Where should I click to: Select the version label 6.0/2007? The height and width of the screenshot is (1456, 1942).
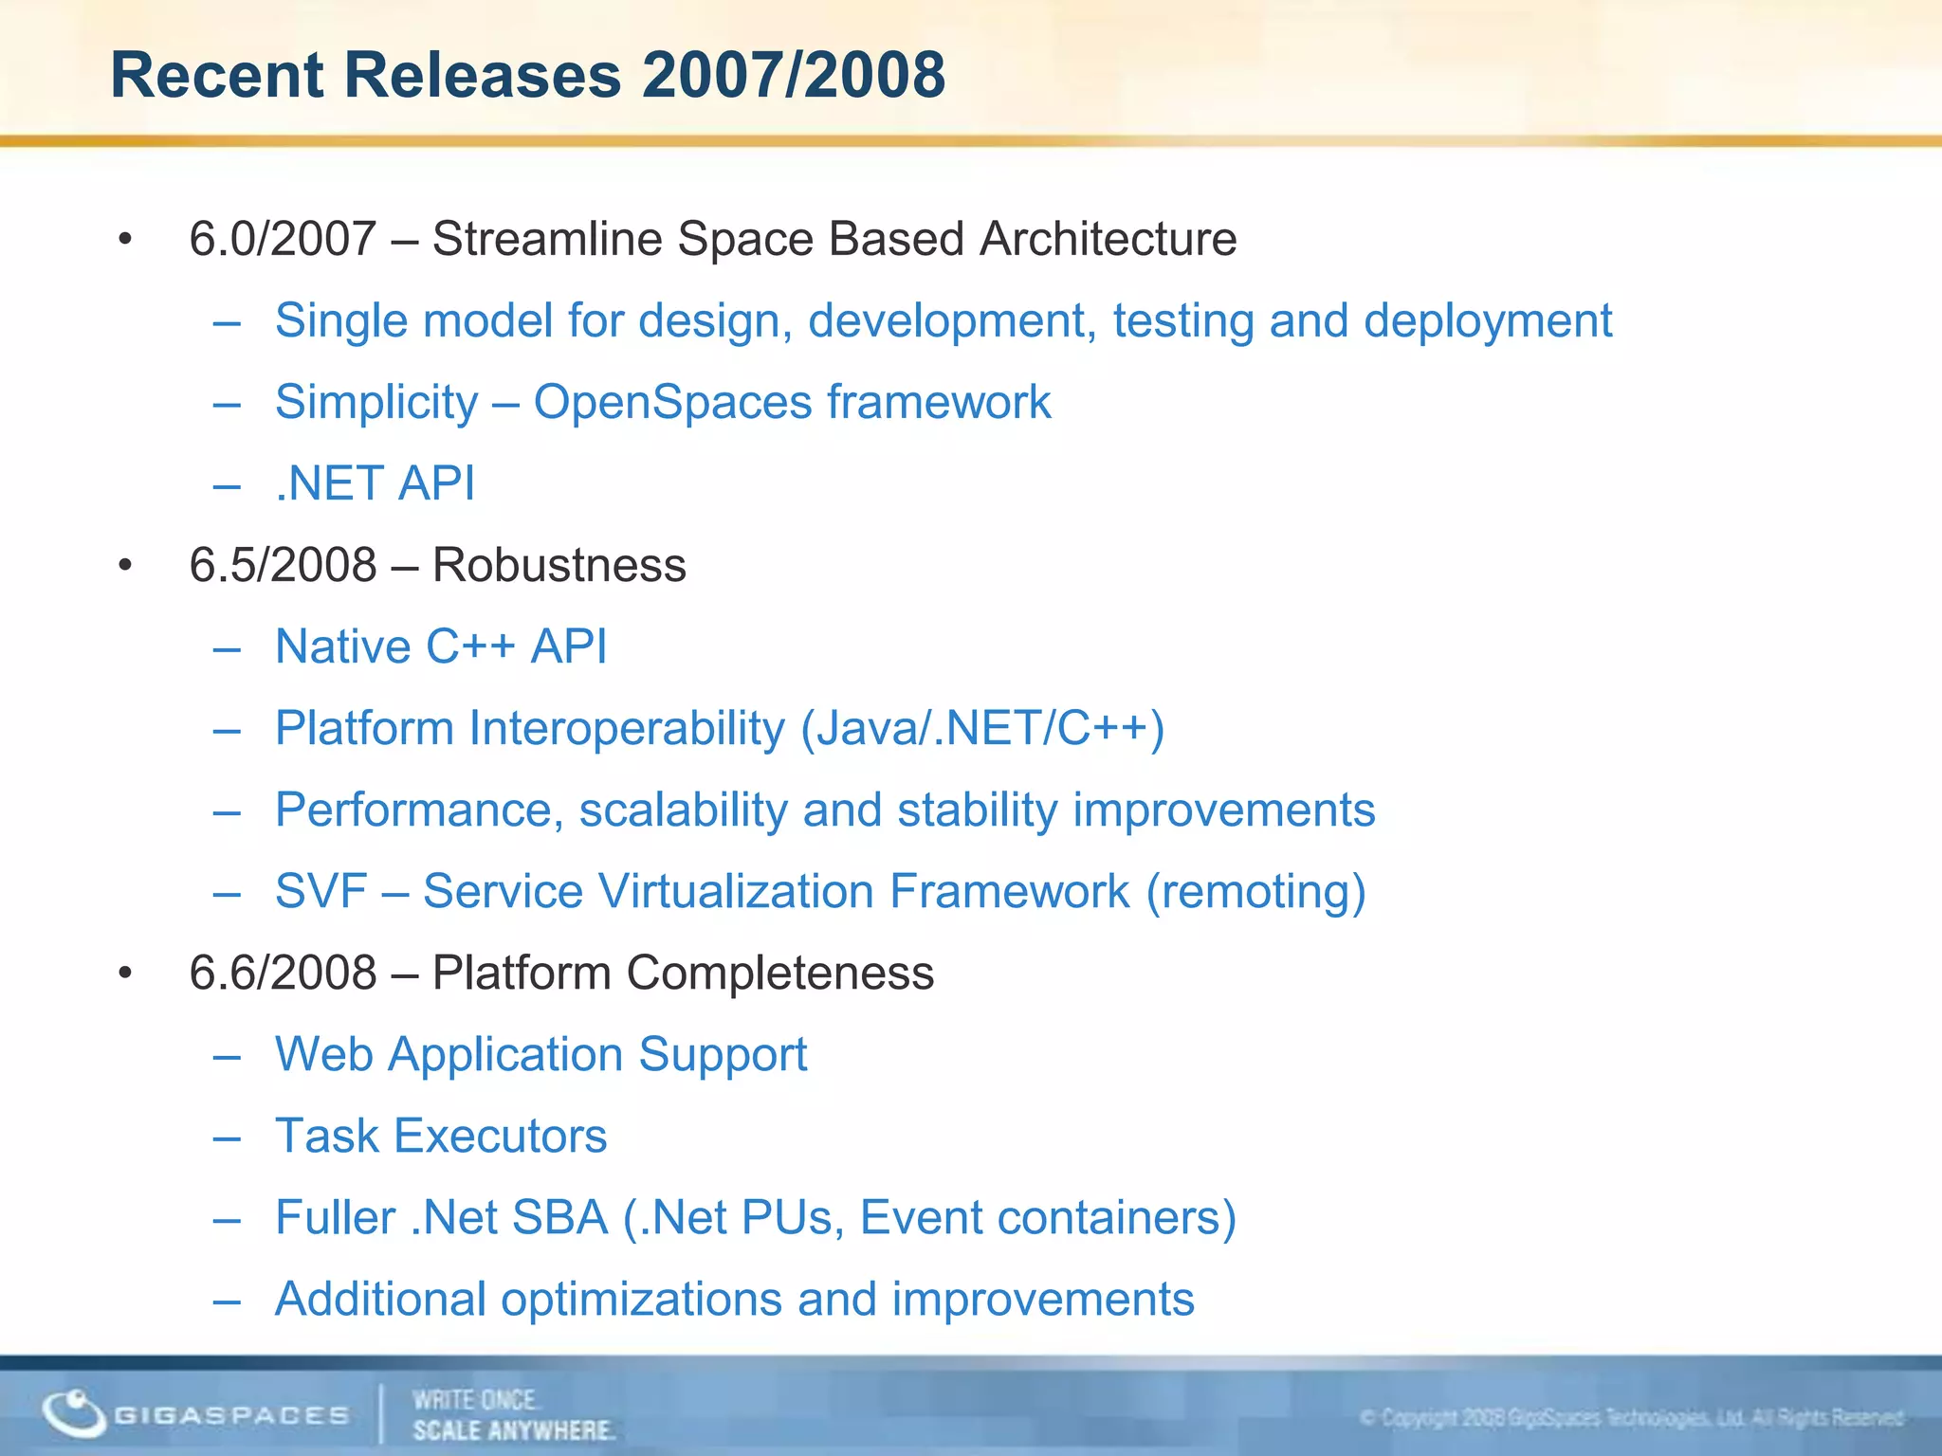(x=283, y=239)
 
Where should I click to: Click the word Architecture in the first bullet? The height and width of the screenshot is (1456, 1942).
(x=1108, y=239)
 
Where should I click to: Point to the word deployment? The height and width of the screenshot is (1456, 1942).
(x=1488, y=321)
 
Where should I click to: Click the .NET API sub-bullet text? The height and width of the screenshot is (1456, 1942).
(x=375, y=483)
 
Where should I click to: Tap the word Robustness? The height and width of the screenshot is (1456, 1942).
(x=559, y=566)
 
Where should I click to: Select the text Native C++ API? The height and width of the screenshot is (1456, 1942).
(x=440, y=647)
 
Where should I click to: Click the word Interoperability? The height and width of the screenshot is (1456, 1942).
(x=627, y=729)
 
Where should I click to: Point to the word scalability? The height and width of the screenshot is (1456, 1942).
(x=683, y=810)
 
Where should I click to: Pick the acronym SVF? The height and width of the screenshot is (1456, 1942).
(x=321, y=892)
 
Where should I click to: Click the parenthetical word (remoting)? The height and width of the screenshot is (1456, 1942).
(x=1255, y=892)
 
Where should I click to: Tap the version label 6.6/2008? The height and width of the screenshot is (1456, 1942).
(x=283, y=974)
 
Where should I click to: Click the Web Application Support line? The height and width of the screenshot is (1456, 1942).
(x=540, y=1055)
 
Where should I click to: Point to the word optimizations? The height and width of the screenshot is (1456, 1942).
(x=641, y=1300)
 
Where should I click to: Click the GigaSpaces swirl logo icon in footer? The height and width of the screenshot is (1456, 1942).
(x=73, y=1413)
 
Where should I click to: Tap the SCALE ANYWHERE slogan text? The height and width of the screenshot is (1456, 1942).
(x=513, y=1430)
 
